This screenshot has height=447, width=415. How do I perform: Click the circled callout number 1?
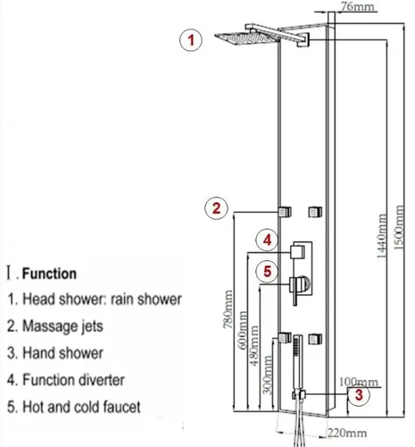[x=191, y=40]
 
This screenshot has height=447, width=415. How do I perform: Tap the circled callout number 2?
[x=216, y=207]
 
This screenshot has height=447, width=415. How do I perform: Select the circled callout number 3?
[x=359, y=394]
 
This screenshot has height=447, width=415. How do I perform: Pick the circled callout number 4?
[x=268, y=240]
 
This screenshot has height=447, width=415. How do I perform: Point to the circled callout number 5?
[x=268, y=272]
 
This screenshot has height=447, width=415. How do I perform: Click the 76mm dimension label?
[x=357, y=6]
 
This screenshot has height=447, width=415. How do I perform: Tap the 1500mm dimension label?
[x=399, y=227]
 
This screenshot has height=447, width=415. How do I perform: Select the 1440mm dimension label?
[x=382, y=235]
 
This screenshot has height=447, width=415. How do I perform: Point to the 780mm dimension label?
[x=228, y=309]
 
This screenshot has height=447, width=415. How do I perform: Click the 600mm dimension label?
[x=243, y=330]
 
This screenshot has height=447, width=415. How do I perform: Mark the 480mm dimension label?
[x=253, y=346]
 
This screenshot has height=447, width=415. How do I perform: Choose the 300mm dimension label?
[x=268, y=375]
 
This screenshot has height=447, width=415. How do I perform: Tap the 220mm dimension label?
[x=347, y=433]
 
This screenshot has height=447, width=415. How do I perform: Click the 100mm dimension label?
[x=359, y=382]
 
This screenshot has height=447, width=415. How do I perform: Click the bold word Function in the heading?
[x=49, y=274]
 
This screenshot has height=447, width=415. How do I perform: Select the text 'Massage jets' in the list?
[x=62, y=326]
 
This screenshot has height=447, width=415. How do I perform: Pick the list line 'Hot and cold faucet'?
[x=73, y=407]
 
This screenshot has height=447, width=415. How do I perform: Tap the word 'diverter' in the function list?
[x=102, y=380]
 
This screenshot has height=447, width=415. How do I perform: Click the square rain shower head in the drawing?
[x=247, y=38]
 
